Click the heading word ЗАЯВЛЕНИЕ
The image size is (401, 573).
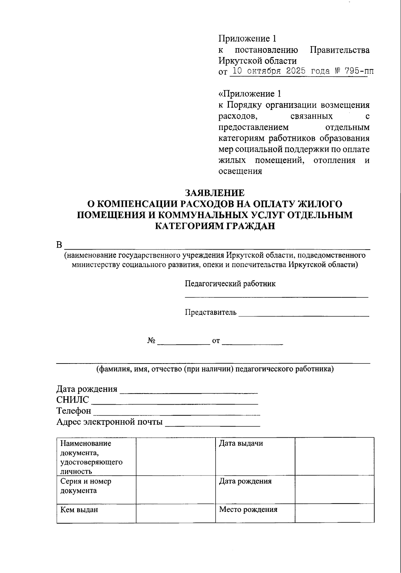[215, 193]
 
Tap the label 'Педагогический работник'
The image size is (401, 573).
[230, 284]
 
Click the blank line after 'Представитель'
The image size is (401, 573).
[304, 313]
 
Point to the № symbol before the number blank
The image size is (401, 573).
[151, 341]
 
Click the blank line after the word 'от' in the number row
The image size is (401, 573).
[252, 341]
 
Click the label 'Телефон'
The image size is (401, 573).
[74, 411]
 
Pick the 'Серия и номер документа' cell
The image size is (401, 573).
[96, 489]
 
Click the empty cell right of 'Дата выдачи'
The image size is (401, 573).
[334, 456]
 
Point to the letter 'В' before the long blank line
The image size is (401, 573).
[59, 245]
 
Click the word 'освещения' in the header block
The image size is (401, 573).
[240, 171]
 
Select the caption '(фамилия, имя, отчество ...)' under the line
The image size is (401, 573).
[215, 369]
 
